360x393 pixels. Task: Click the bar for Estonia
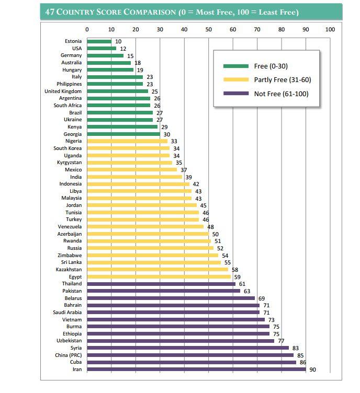coord(99,41)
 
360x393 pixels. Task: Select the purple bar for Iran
coord(196,369)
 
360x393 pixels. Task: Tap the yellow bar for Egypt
coord(159,276)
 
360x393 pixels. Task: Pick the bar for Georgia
coord(123,134)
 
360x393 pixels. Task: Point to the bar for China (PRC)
coord(190,355)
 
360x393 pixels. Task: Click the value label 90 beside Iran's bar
coord(313,369)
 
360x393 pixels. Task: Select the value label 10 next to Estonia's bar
coord(118,41)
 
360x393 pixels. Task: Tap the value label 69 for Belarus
coord(262,298)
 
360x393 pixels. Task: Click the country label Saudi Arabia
coord(67,312)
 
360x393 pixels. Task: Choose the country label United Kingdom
coord(63,91)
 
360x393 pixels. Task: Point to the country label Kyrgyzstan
coord(68,163)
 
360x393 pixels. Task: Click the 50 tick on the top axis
coord(208,29)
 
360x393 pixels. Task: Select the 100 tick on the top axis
coord(330,29)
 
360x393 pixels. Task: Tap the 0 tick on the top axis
coord(87,29)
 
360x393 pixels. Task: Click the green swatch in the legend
coord(235,66)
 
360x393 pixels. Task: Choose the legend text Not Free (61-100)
coord(281,94)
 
